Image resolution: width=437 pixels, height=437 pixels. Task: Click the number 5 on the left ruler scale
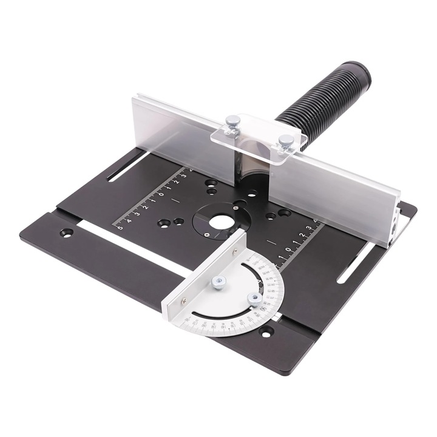click(x=120, y=228)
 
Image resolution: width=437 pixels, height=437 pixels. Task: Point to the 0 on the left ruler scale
click(x=161, y=194)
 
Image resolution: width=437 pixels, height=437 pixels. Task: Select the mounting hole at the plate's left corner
click(x=66, y=232)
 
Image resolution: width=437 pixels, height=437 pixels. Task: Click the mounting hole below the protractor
click(x=265, y=331)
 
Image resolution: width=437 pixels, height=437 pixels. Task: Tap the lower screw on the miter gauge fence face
click(x=183, y=301)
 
